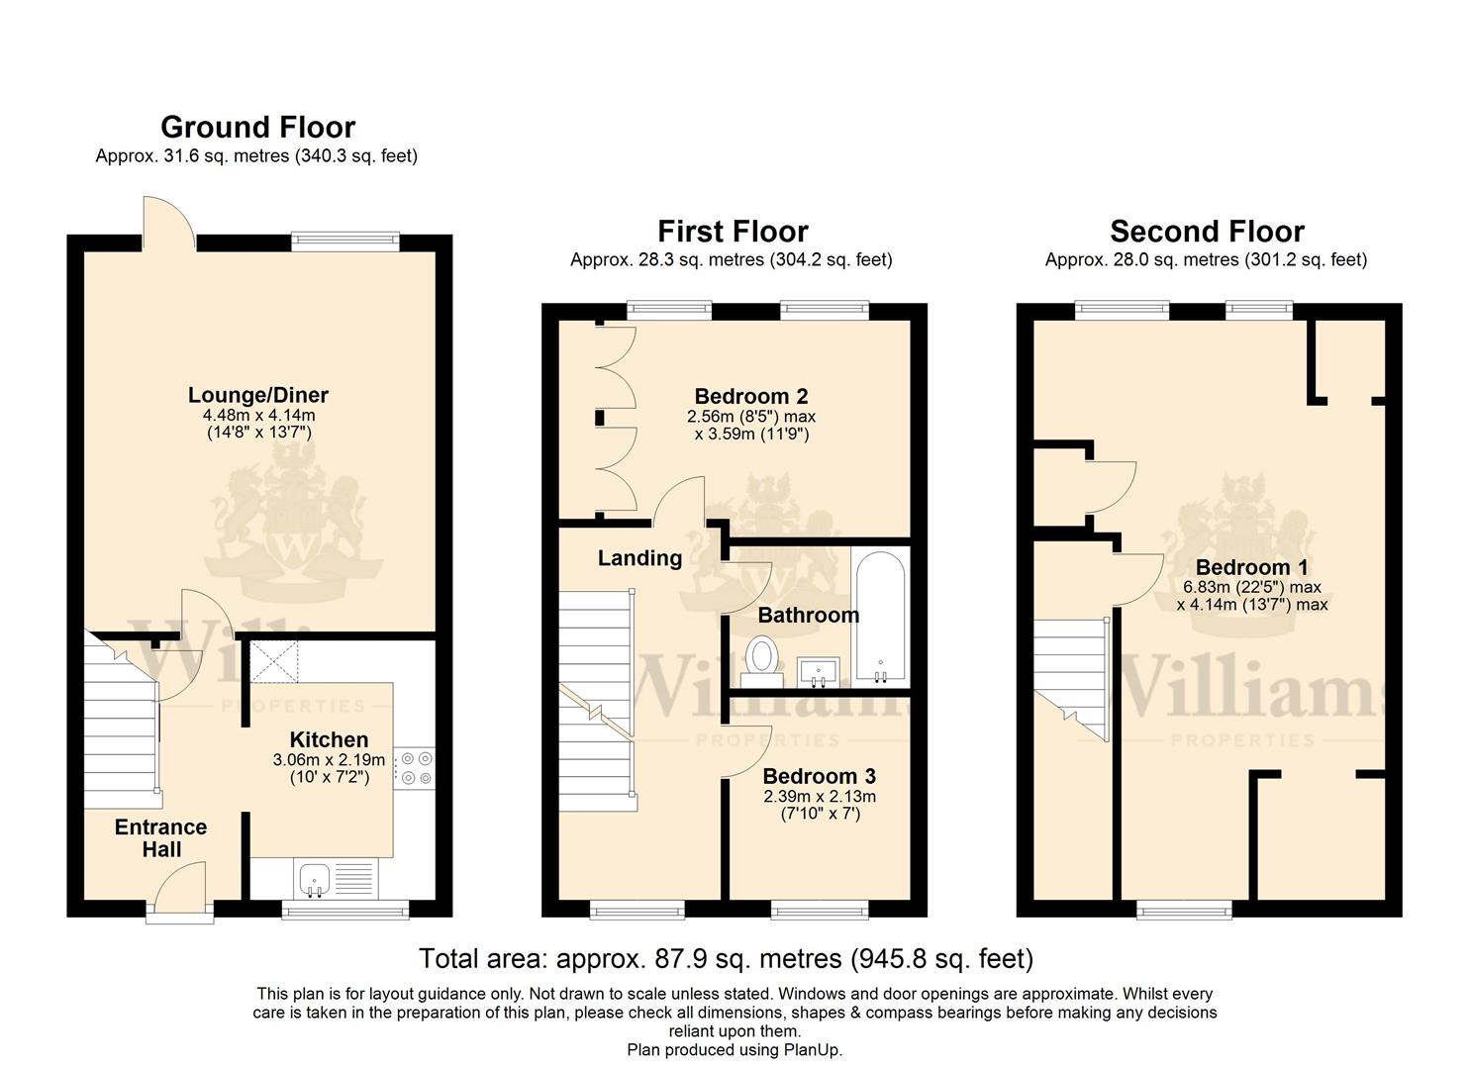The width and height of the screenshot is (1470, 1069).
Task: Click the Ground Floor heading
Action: [x=258, y=128]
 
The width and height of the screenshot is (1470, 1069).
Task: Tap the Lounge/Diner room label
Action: [x=258, y=395]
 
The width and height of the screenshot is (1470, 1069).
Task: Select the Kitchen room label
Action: [x=329, y=739]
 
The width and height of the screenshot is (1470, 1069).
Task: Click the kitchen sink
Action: [x=315, y=880]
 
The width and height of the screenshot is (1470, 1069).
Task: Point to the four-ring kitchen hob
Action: [x=416, y=768]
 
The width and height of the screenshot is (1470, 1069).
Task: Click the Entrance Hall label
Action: [x=160, y=838]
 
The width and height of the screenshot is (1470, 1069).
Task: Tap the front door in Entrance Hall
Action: [x=180, y=886]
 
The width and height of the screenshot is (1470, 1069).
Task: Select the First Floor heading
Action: [x=734, y=232]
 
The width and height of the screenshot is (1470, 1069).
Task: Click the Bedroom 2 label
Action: [x=751, y=396]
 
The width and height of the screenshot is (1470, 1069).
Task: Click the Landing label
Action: [x=639, y=558]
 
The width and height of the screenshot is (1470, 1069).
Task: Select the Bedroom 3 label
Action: [x=820, y=776]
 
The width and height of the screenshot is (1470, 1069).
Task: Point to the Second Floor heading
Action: [x=1208, y=232]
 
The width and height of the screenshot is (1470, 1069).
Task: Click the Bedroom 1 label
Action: [x=1252, y=567]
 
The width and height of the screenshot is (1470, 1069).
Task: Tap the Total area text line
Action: [x=727, y=959]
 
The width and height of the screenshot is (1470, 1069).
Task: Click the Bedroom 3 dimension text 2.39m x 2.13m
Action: [x=820, y=797]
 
